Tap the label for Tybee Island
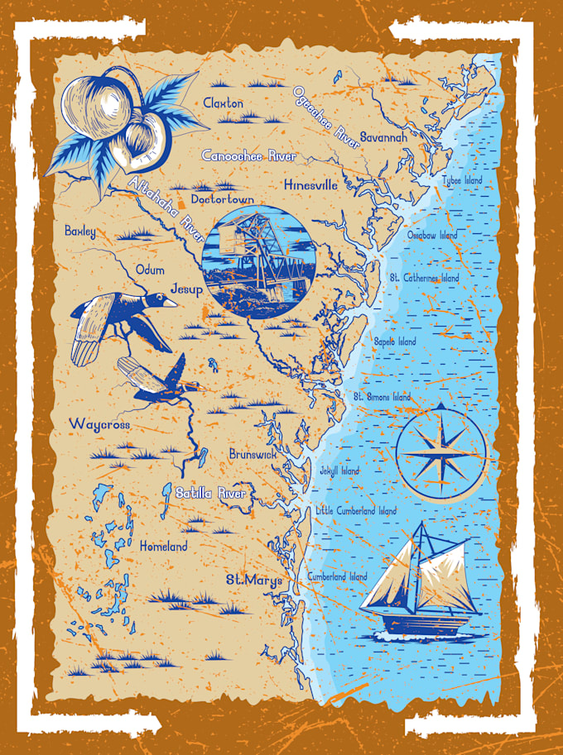tap(463, 179)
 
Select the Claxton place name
tap(224, 103)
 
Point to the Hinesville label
tap(310, 185)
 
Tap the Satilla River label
tap(211, 494)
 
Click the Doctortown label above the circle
tap(221, 199)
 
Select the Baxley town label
tap(80, 232)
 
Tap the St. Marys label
tap(254, 581)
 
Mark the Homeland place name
tap(163, 547)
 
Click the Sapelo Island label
tap(395, 341)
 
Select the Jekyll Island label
tap(339, 471)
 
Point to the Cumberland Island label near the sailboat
tap(337, 576)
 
